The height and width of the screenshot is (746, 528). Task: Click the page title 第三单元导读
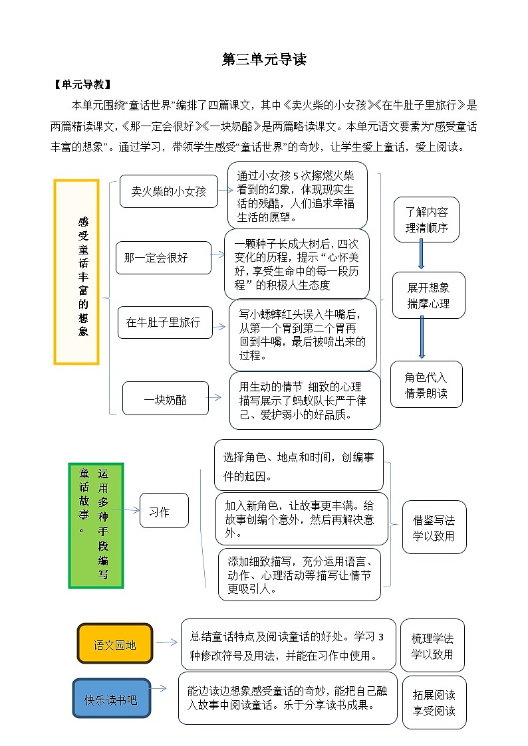click(x=264, y=60)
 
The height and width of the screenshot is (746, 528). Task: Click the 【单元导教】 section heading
click(x=82, y=85)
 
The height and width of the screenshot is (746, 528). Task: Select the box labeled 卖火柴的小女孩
click(x=169, y=191)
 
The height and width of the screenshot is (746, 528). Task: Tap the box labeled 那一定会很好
click(x=164, y=258)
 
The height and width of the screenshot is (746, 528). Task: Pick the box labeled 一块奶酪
click(x=166, y=399)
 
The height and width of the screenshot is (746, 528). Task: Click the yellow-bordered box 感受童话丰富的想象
click(x=77, y=272)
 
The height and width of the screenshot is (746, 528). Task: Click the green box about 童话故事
click(x=96, y=525)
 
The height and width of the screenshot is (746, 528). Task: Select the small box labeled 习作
click(x=164, y=511)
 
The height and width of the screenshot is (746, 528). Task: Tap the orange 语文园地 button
click(x=115, y=644)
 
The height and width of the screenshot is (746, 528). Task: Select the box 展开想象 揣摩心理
click(x=428, y=295)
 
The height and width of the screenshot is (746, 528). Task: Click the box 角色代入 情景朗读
click(x=426, y=384)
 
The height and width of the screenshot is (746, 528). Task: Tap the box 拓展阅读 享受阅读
click(x=434, y=702)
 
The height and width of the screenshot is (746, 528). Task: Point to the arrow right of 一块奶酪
click(x=215, y=397)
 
